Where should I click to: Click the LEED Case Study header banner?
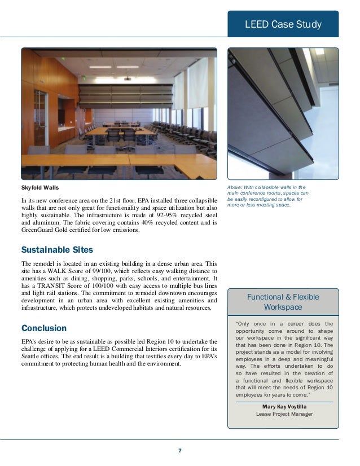pyautogui.click(x=283, y=24)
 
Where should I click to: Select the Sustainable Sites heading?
pyautogui.click(x=57, y=249)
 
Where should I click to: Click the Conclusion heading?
pyautogui.click(x=43, y=328)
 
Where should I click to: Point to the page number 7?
pyautogui.click(x=179, y=450)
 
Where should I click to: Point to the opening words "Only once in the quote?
pyautogui.click(x=251, y=324)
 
